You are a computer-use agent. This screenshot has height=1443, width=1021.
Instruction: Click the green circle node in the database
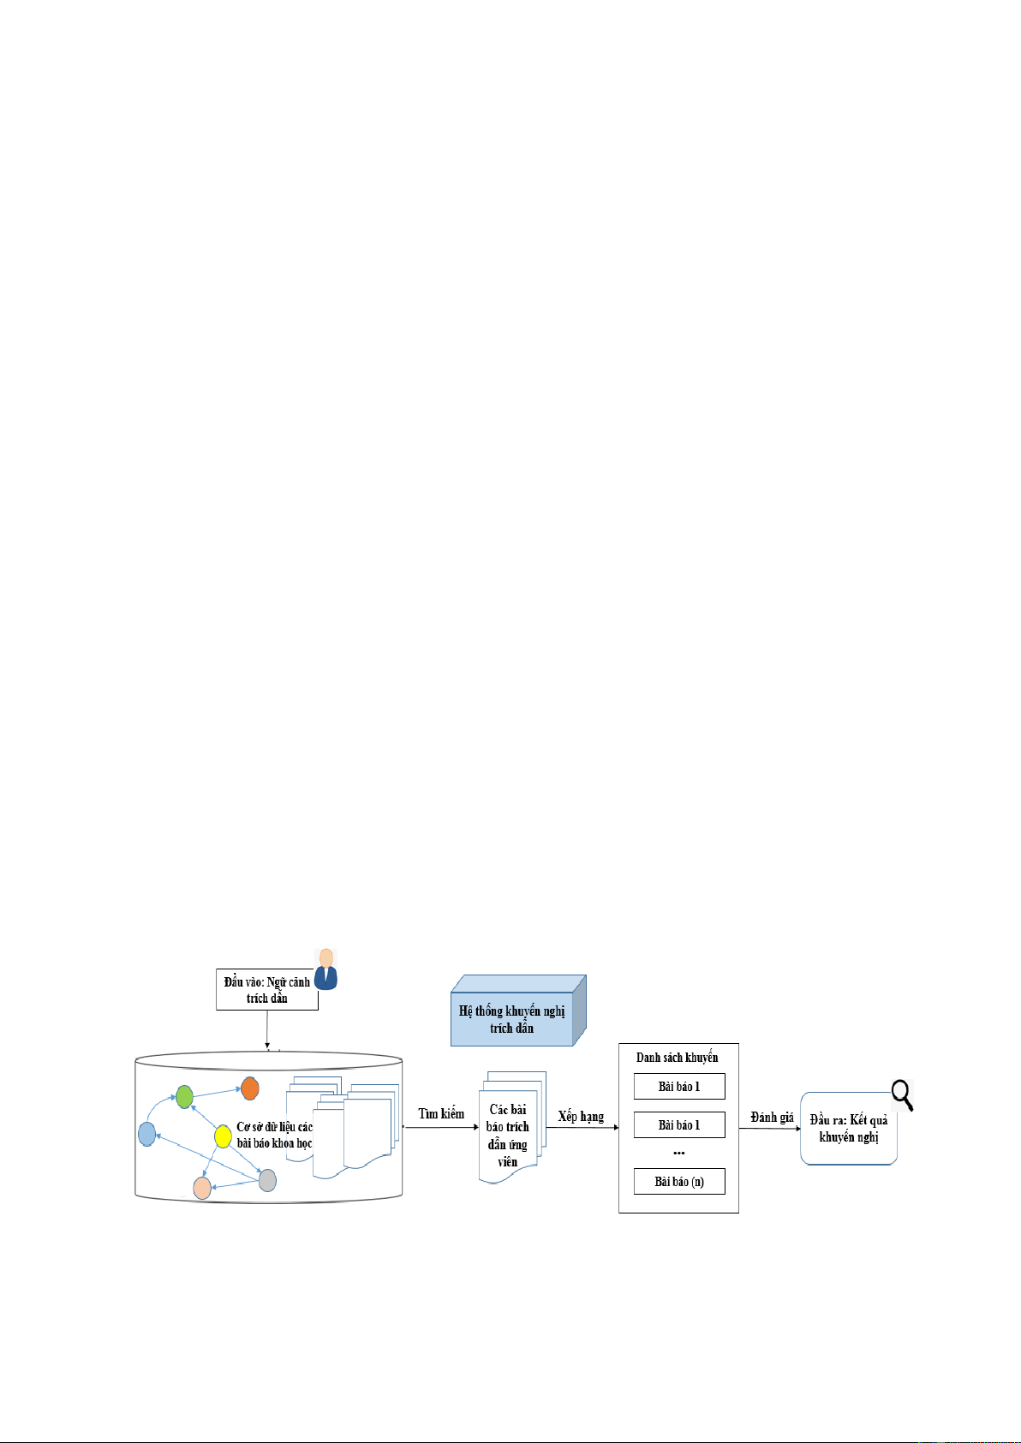(x=184, y=1096)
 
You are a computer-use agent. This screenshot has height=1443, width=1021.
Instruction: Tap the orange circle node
(x=250, y=1088)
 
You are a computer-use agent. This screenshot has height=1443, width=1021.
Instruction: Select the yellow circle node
(x=223, y=1136)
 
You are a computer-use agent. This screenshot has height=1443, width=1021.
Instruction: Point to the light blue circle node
(x=146, y=1135)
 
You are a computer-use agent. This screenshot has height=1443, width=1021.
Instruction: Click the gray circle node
(x=267, y=1180)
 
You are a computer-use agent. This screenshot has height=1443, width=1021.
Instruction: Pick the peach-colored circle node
(x=202, y=1188)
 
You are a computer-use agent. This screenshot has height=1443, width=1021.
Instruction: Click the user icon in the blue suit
(x=326, y=969)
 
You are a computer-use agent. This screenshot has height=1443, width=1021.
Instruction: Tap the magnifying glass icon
(x=902, y=1096)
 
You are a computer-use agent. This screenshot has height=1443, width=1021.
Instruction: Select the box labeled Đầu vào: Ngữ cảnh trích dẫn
(x=266, y=989)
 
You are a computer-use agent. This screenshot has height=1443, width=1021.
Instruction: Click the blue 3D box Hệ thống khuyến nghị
(x=518, y=1011)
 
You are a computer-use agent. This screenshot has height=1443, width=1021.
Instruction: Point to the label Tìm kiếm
(x=440, y=1114)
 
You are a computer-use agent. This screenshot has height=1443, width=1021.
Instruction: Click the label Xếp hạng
(x=581, y=1117)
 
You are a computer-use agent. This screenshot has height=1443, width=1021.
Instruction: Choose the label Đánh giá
(x=772, y=1118)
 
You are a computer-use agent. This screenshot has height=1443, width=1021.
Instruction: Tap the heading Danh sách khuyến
(x=677, y=1058)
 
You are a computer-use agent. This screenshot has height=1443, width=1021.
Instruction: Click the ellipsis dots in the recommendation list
(x=679, y=1153)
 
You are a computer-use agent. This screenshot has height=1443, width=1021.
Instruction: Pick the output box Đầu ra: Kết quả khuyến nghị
(x=848, y=1129)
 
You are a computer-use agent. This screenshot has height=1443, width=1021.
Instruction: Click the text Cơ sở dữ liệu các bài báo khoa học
(x=274, y=1135)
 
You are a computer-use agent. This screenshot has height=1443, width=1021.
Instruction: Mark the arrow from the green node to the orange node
(x=218, y=1093)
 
